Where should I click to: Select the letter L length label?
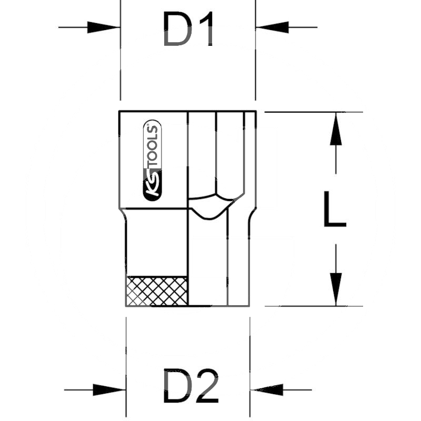[334, 209]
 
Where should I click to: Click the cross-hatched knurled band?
[157, 290]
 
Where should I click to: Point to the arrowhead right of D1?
[271, 27]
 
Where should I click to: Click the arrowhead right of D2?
[266, 390]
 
